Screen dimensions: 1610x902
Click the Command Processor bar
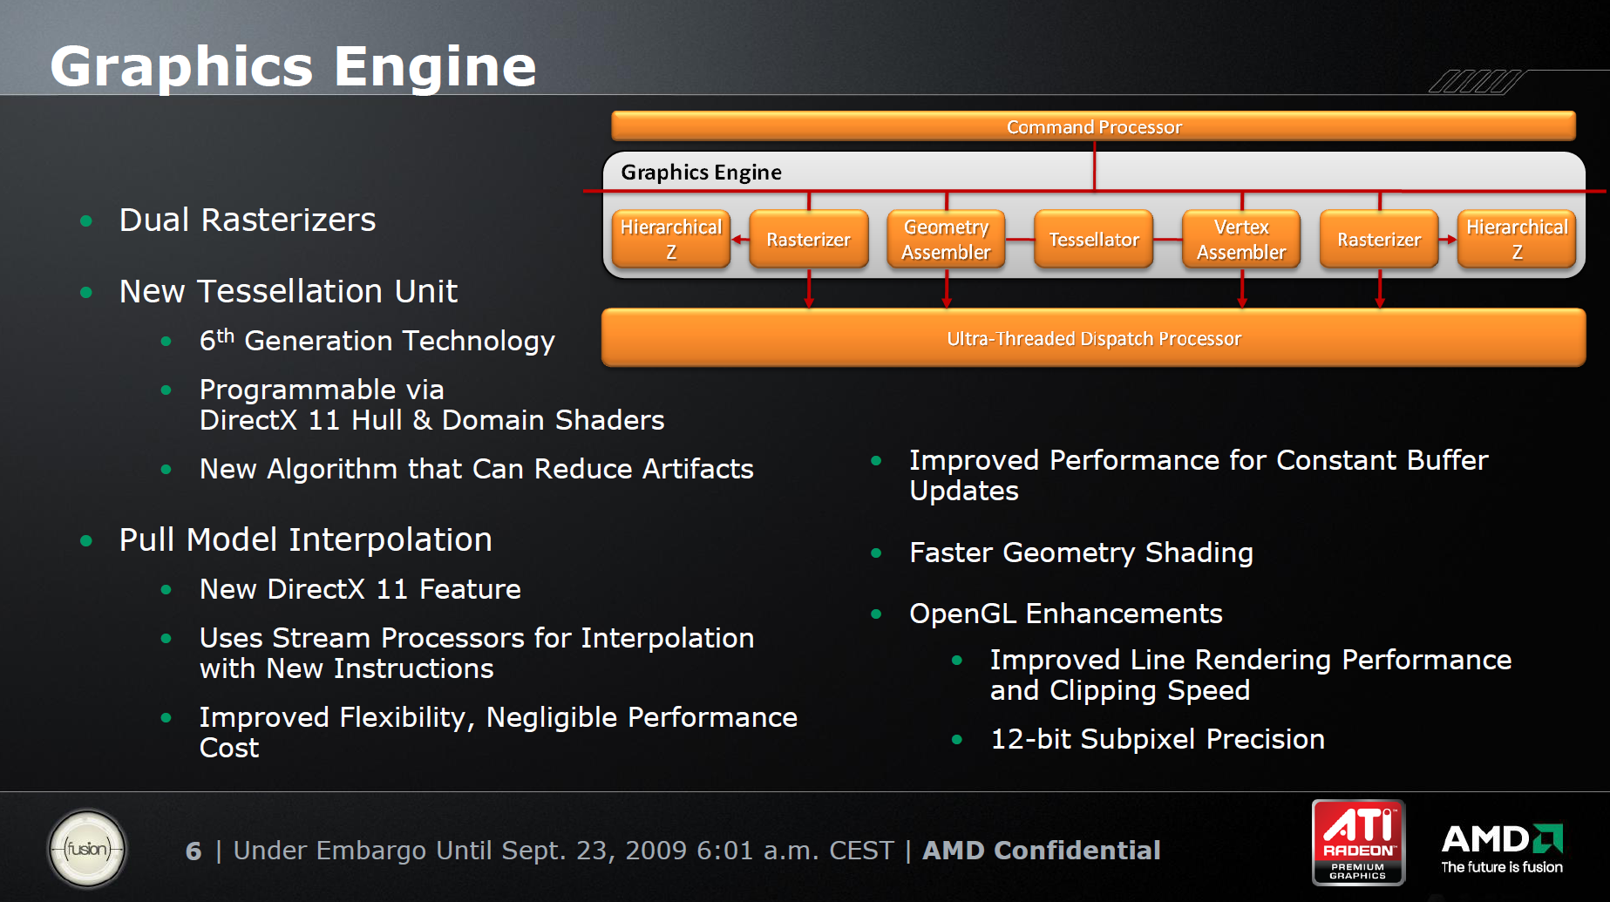tap(1093, 126)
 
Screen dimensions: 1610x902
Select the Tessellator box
tap(1093, 239)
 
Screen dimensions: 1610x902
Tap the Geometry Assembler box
tap(946, 239)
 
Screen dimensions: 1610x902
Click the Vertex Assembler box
tap(1241, 239)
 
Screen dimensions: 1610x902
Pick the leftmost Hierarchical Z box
tap(671, 239)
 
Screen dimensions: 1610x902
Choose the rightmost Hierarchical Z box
tap(1517, 239)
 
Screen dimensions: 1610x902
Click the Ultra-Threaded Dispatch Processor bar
tap(1093, 337)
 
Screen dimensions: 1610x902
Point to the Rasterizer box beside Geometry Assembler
tap(809, 239)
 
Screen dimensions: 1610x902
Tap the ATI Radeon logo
tap(1358, 842)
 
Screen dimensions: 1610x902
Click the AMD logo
tap(1502, 848)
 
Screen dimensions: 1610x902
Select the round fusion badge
tap(87, 849)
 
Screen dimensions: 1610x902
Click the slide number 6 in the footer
tap(194, 851)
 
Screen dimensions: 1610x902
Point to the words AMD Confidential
tap(1042, 850)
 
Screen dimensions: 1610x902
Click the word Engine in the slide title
tap(435, 66)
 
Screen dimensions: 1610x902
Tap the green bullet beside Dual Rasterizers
tap(86, 221)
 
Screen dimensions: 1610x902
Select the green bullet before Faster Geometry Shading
tap(876, 553)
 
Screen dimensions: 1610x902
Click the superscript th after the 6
tap(226, 335)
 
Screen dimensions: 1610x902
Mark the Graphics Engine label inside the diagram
tap(701, 173)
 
